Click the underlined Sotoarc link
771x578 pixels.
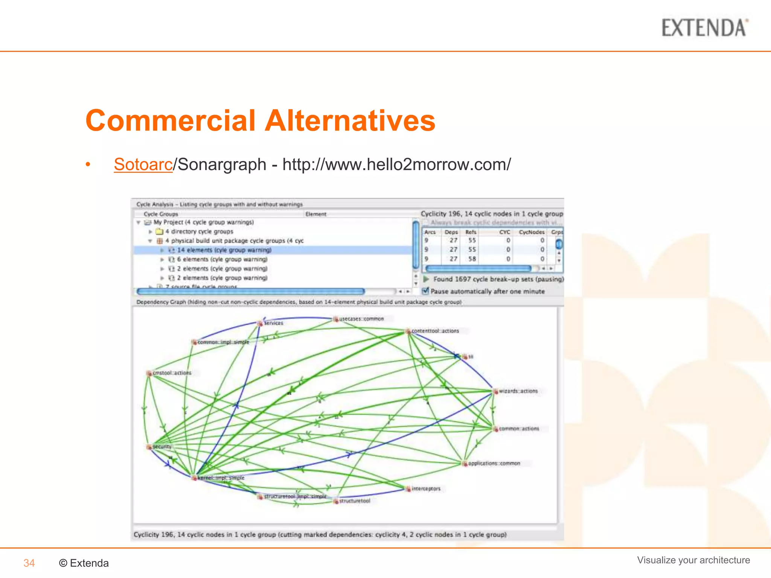[x=143, y=164]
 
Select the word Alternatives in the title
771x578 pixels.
[x=350, y=120]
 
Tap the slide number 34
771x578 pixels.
[x=29, y=563]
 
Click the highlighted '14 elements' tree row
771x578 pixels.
[x=224, y=250]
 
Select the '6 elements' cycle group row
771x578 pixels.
[x=222, y=260]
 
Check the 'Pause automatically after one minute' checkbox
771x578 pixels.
[x=425, y=291]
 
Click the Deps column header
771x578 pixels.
[x=451, y=232]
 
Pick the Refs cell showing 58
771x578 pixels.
[x=472, y=259]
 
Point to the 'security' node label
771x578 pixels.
[x=162, y=447]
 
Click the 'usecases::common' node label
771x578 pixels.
[x=361, y=319]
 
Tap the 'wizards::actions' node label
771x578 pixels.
[x=518, y=391]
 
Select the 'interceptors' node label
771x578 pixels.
[x=426, y=489]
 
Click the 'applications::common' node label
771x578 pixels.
[x=494, y=464]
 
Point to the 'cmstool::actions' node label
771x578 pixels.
[x=172, y=373]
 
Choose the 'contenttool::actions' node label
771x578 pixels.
[x=435, y=331]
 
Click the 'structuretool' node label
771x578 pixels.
[x=355, y=501]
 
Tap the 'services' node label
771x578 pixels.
[x=273, y=323]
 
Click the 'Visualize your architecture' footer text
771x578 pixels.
[x=693, y=560]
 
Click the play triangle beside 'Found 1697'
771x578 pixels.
[x=426, y=279]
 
